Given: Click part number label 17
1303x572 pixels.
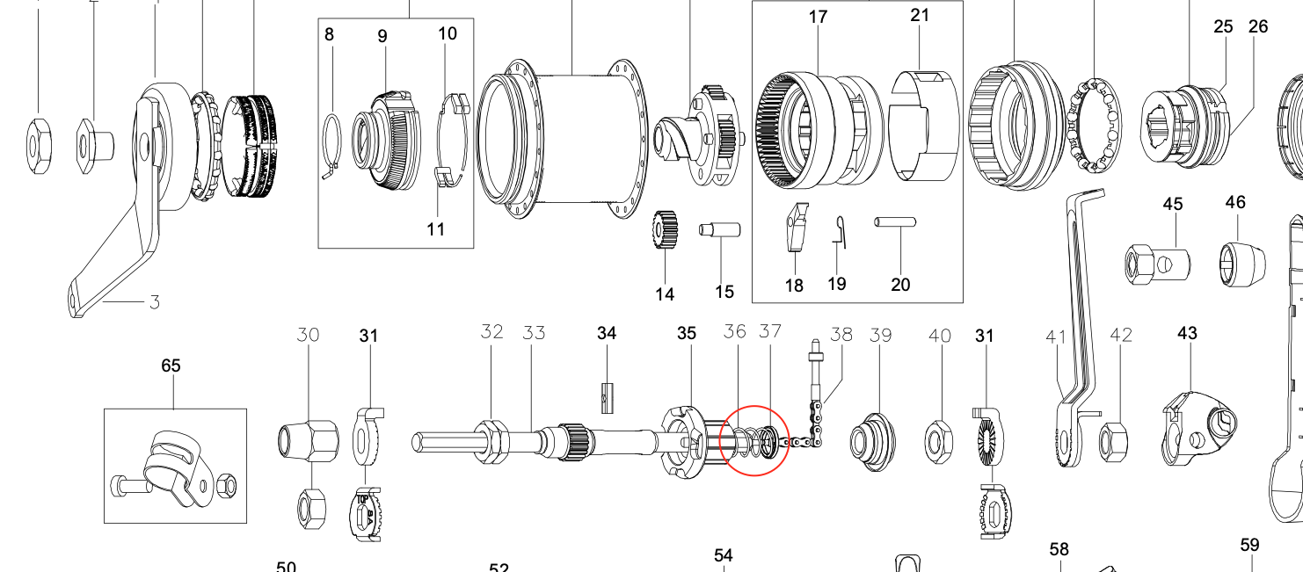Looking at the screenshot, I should [x=819, y=17].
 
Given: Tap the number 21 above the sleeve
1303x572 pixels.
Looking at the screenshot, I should [x=920, y=15].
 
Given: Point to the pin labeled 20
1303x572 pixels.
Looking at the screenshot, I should [x=896, y=223].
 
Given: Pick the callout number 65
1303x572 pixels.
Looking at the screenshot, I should [x=171, y=366].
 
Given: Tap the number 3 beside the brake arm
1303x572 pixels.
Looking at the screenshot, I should [x=154, y=303].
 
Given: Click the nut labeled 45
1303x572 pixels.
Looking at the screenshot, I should [x=1157, y=261].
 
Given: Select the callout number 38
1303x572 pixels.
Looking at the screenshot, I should [x=841, y=334].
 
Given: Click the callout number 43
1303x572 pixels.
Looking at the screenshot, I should [x=1188, y=334].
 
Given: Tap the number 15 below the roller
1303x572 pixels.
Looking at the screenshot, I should [x=724, y=292].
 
